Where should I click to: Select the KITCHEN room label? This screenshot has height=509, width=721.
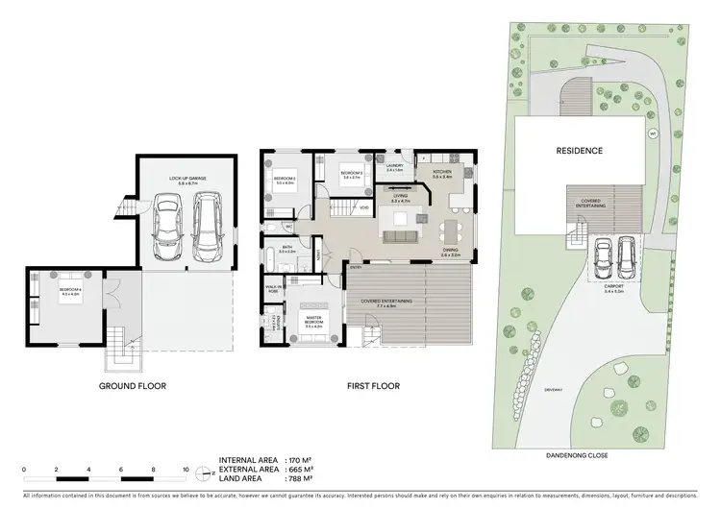442,174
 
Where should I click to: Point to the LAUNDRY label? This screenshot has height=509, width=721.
393,168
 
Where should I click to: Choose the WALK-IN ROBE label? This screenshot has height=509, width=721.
273,288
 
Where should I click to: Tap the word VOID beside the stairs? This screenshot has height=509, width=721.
365,207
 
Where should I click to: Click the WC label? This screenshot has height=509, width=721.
288,227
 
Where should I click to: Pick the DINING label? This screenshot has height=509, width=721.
450,251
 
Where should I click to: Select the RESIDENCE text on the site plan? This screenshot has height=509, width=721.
579,151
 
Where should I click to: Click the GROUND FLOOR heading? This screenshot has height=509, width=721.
133,386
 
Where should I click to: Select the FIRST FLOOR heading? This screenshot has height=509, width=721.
374,386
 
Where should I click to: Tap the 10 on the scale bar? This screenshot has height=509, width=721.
186,469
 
